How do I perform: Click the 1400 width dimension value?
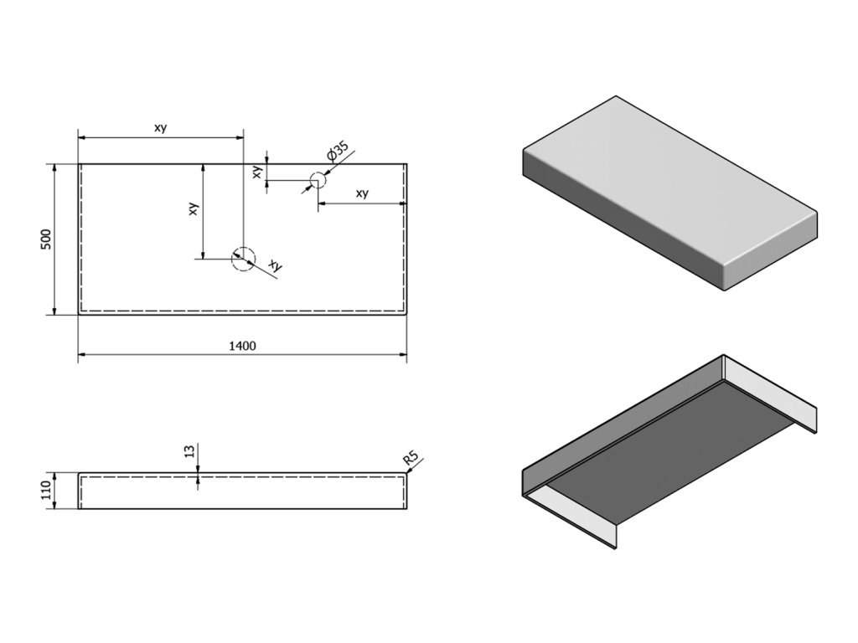point(243,345)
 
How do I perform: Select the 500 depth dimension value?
point(47,239)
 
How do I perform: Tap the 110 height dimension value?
point(47,490)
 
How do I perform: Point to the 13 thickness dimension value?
point(189,452)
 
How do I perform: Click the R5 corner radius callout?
point(411,459)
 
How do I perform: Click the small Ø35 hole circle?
point(317,179)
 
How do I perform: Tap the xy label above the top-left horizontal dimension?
point(160,127)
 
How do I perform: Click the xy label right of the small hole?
point(362,193)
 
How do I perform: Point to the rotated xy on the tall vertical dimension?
point(194,209)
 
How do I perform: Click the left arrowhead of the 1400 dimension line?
point(82,355)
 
